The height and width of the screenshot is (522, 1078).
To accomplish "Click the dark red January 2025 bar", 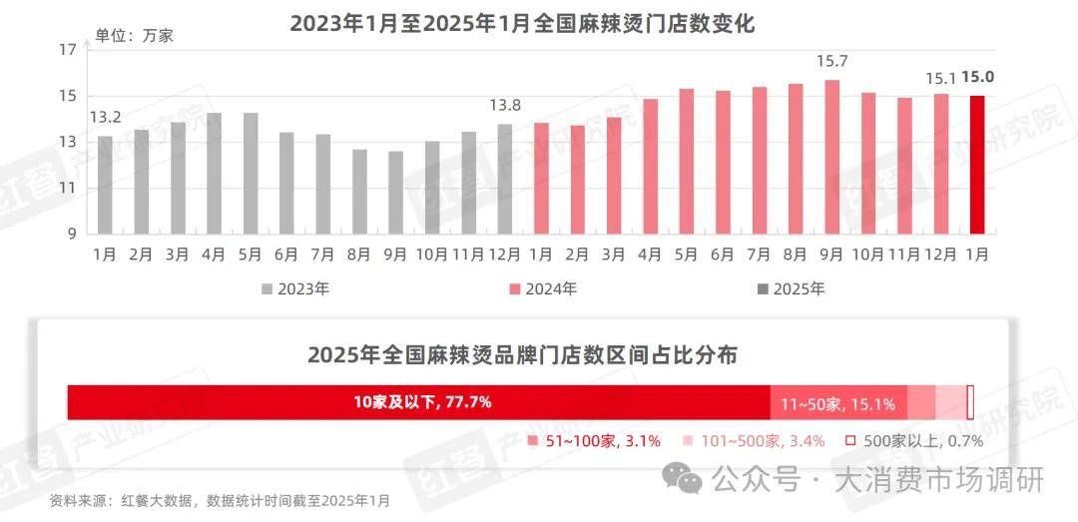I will coord(978,165).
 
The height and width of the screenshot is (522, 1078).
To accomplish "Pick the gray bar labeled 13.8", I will coord(505,179).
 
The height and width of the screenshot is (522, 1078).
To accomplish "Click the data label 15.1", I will coord(941,78).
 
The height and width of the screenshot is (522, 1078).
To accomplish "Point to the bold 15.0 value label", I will coord(978,78).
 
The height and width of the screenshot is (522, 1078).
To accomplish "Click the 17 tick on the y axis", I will coord(68,50).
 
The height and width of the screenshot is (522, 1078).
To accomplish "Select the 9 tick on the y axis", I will coord(72,234).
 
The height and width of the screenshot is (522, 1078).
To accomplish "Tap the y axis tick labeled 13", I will coord(68,142).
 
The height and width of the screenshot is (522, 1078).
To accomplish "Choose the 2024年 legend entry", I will coord(544,289).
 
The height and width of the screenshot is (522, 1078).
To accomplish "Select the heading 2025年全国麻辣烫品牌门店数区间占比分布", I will coord(522,354).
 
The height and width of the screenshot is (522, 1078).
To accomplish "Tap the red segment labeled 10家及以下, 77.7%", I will coord(419,402).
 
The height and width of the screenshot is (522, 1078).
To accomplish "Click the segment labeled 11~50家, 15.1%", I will coord(837,403).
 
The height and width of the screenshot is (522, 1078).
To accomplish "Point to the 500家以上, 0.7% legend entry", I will coord(915,440).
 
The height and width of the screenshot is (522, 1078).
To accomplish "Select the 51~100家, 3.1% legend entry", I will coord(595,440).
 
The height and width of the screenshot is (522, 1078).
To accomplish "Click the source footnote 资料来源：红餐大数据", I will coord(220,500).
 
